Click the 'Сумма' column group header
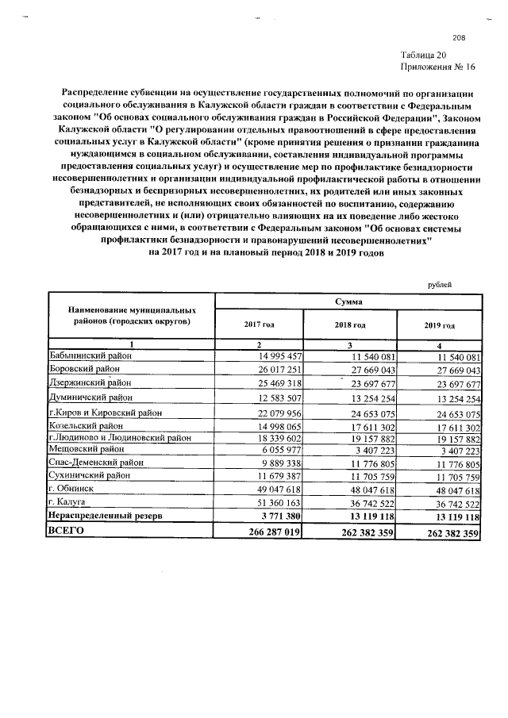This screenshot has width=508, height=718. coord(348,302)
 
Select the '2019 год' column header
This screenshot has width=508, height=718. coord(439,325)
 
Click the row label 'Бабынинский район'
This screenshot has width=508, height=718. coord(89,356)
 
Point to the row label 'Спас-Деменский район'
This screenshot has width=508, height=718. coord(94,463)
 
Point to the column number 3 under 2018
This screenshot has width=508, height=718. coord(349,344)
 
